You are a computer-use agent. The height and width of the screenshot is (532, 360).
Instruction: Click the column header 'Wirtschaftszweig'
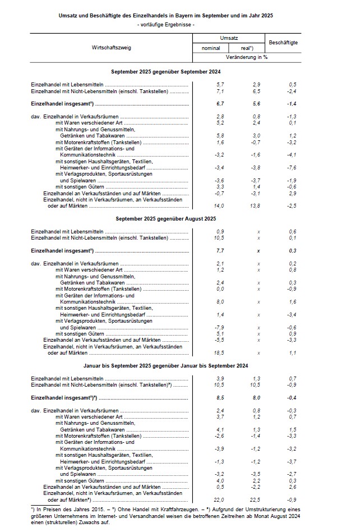point(111,48)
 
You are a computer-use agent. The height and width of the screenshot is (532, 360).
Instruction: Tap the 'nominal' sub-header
point(210,48)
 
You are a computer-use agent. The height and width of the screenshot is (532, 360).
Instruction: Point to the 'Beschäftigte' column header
point(283,43)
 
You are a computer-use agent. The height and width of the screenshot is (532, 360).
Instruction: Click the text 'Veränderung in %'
point(246,57)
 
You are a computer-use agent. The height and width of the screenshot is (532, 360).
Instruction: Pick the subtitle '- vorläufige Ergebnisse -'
point(165,25)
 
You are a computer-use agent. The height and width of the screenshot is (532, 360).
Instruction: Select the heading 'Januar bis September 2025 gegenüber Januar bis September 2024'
point(165,366)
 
